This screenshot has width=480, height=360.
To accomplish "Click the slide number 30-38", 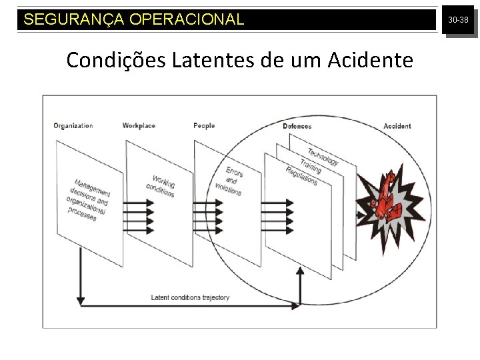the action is click(458, 21).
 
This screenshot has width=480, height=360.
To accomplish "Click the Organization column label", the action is click(73, 125).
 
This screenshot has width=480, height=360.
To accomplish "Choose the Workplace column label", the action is click(139, 125).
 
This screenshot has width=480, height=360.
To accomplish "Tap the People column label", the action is click(204, 125).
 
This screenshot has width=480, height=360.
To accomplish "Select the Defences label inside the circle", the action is click(297, 126).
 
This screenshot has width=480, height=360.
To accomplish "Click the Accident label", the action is click(397, 126).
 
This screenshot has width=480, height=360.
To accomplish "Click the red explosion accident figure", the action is click(387, 195).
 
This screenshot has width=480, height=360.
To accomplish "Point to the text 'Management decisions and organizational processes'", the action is click(89, 200).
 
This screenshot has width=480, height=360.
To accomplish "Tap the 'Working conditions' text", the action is click(162, 186).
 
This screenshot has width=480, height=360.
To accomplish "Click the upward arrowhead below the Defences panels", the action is click(299, 270).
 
